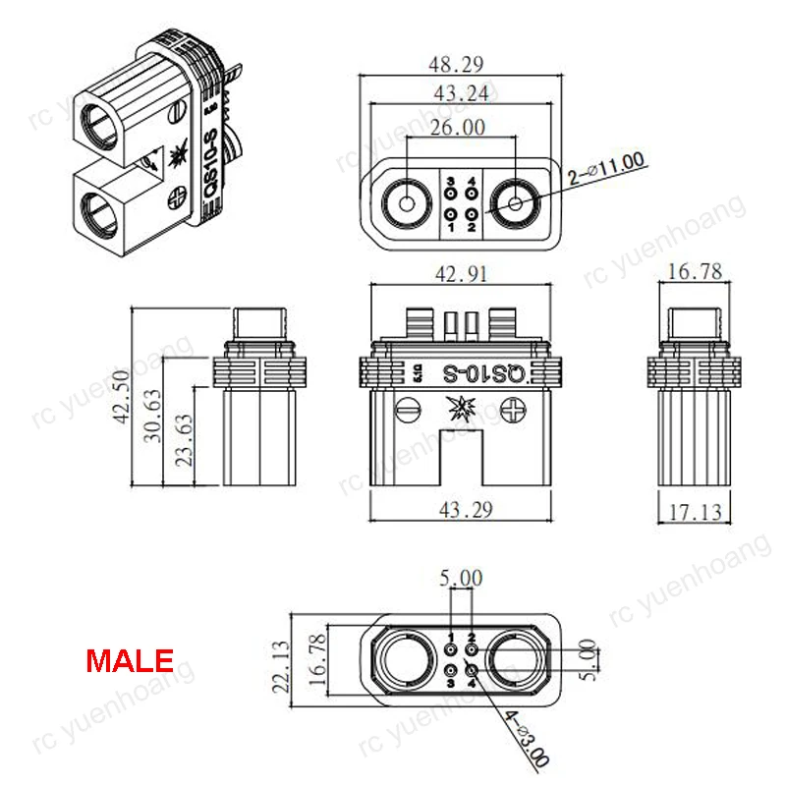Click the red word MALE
tap(130, 659)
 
